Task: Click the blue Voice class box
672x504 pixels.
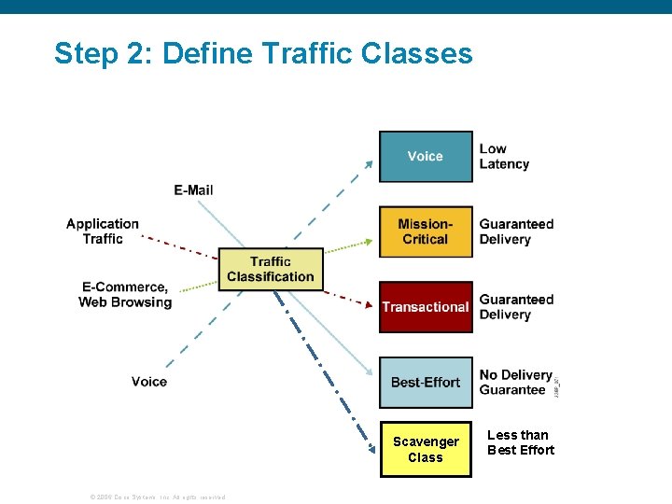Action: (x=425, y=156)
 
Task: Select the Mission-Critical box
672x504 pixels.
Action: (x=425, y=231)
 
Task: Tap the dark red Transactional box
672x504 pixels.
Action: (x=425, y=307)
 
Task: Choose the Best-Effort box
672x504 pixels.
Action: (x=425, y=382)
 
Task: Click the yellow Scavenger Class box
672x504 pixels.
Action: (x=425, y=450)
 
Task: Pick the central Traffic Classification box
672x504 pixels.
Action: (x=271, y=269)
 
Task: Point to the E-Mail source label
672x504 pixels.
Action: (x=193, y=190)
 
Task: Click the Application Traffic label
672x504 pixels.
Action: (x=103, y=231)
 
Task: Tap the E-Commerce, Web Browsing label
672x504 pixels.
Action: (x=125, y=295)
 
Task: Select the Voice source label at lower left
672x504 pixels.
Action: (x=149, y=382)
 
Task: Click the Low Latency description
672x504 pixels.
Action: (x=504, y=156)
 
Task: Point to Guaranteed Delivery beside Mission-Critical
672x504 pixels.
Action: (x=516, y=231)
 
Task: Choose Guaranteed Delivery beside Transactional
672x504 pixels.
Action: (x=516, y=307)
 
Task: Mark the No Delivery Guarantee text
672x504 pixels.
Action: (x=515, y=382)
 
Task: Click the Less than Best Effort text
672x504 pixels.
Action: (x=520, y=442)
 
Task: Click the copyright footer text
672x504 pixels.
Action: (x=156, y=497)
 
